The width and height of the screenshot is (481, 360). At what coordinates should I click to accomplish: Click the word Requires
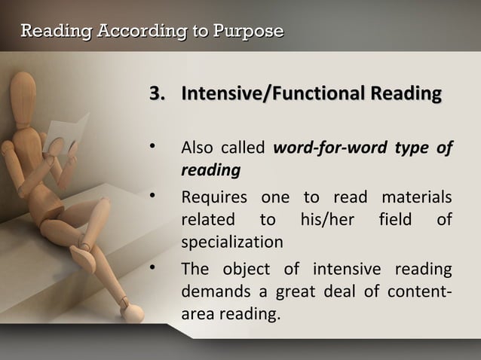tap(214, 197)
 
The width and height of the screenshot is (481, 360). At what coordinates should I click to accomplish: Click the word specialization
tap(232, 243)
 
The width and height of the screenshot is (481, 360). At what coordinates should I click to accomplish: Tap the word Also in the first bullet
tap(197, 148)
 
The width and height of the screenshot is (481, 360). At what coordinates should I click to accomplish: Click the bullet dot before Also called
tap(153, 145)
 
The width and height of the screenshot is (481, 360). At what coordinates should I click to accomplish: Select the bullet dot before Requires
tap(153, 196)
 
